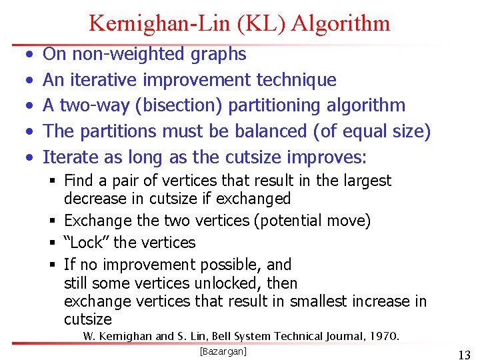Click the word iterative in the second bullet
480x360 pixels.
109,80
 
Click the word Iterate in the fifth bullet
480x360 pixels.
69,158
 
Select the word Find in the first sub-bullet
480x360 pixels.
79,181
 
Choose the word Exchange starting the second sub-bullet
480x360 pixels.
94,221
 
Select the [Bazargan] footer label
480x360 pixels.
223,351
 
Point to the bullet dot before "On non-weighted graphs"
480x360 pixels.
27,54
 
